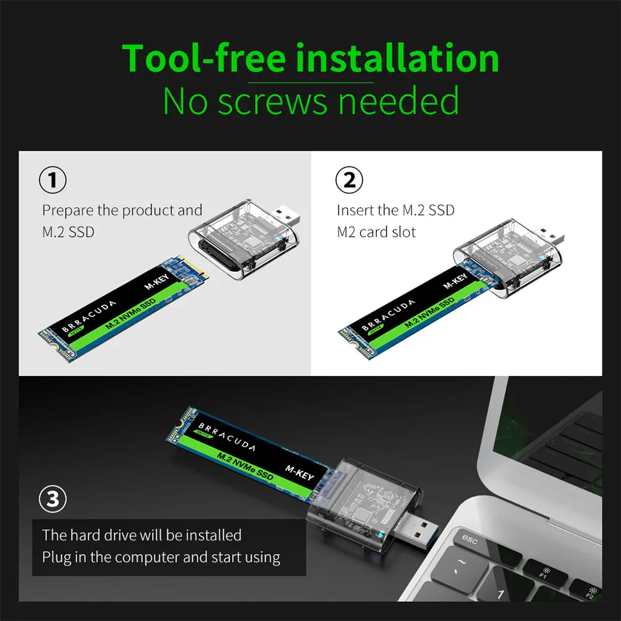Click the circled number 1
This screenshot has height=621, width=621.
[53, 181]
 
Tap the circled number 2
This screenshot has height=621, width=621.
[349, 181]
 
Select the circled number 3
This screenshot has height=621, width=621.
[53, 500]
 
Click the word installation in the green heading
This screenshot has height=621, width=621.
[396, 58]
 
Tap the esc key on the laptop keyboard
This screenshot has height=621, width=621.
[470, 540]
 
